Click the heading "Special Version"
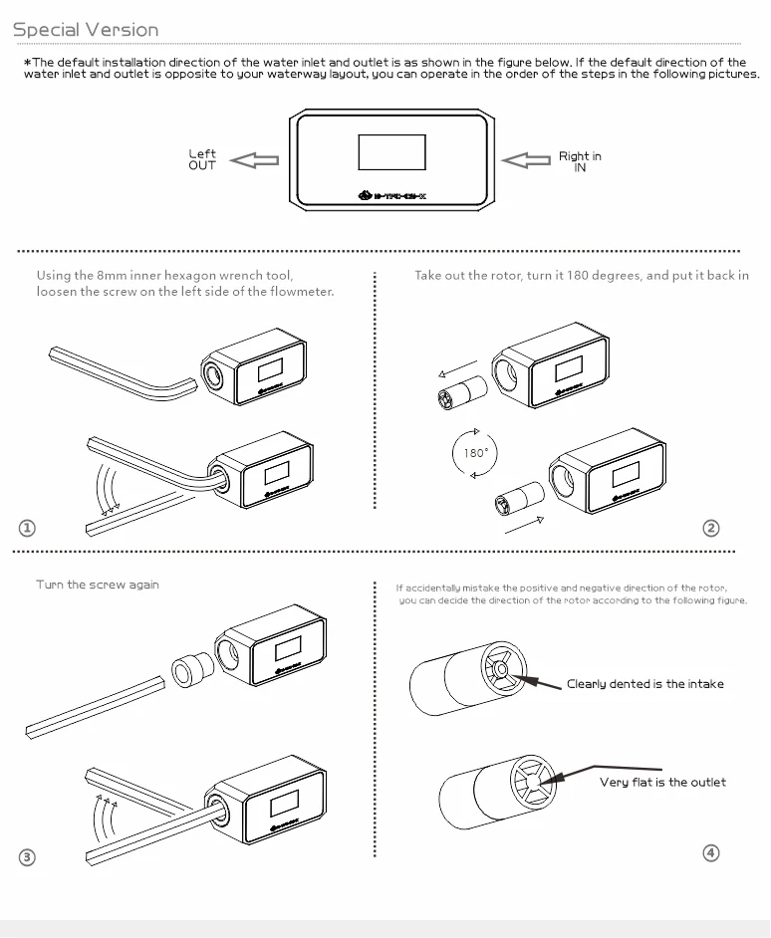click(86, 29)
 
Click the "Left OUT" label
click(202, 159)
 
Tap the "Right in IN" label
click(580, 161)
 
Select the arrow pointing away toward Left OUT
click(254, 160)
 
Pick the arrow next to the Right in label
click(526, 160)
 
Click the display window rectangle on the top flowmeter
click(391, 152)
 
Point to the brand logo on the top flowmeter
click(392, 195)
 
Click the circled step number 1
click(27, 528)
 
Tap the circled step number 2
click(710, 528)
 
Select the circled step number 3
click(27, 857)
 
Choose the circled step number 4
click(710, 853)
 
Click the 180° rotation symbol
click(475, 453)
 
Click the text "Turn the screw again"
click(98, 585)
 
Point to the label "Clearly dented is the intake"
click(645, 684)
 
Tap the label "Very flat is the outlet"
click(662, 782)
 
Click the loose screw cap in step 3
click(192, 670)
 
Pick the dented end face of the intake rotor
click(503, 669)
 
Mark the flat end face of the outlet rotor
click(533, 780)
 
